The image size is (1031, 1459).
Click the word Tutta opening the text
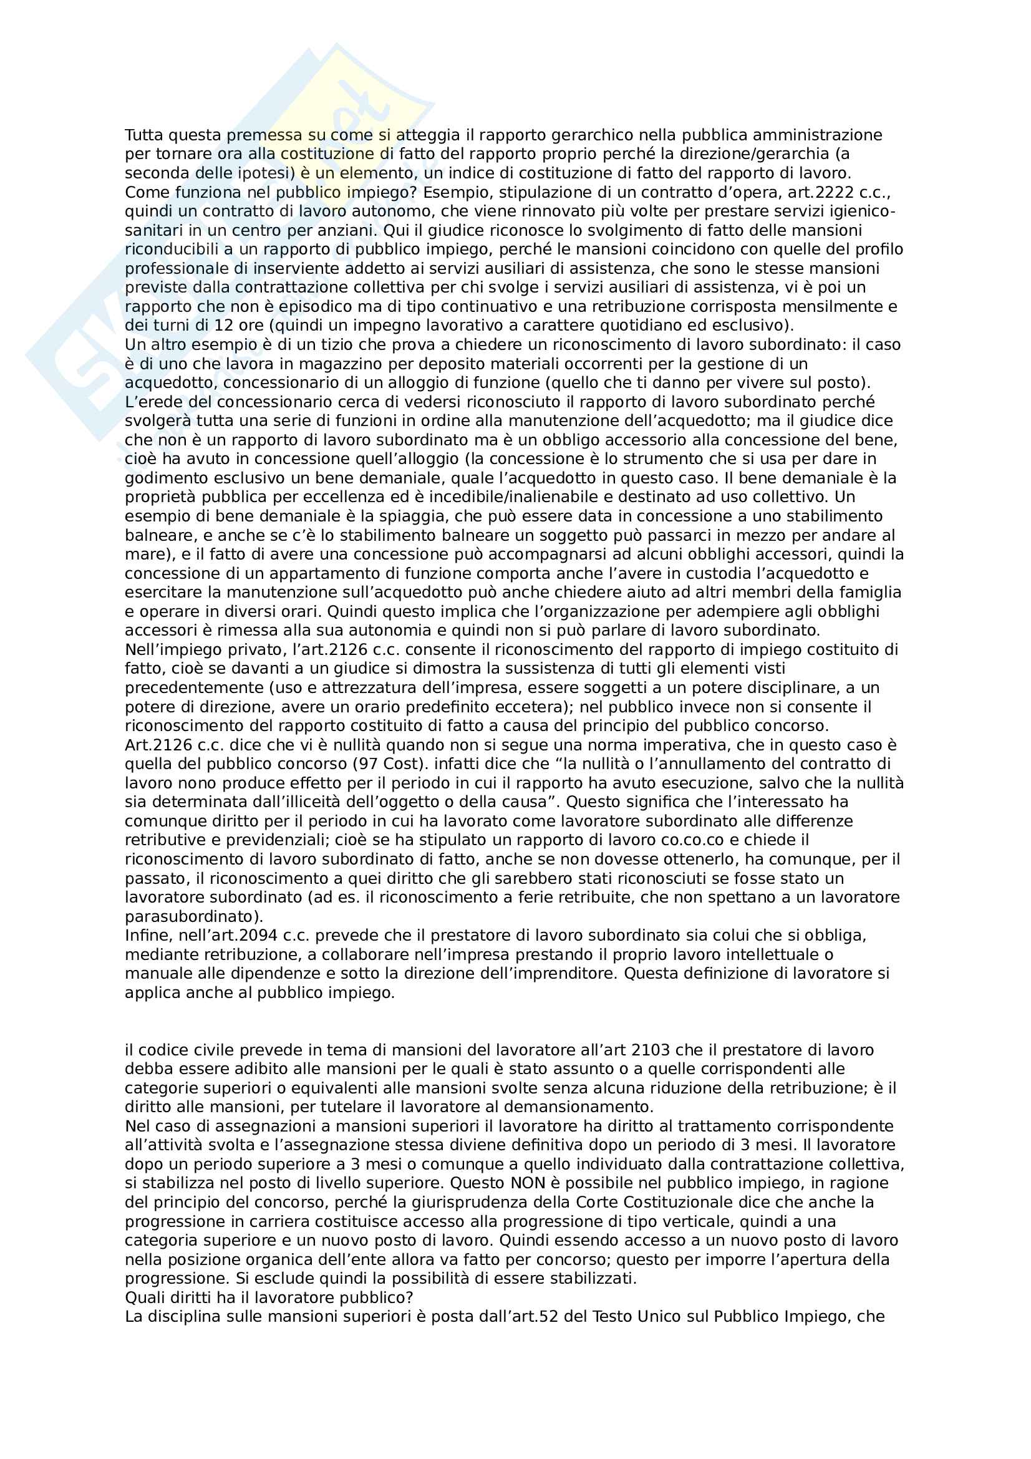[x=144, y=135]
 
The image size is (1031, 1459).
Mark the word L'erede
[x=152, y=402]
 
